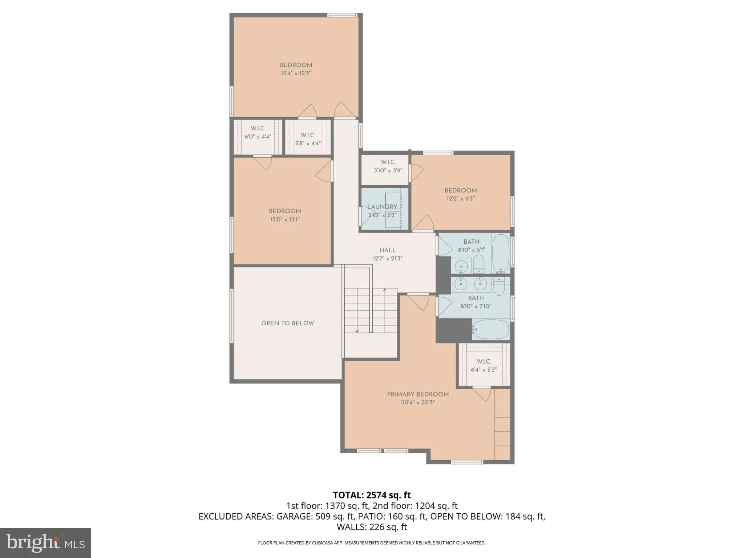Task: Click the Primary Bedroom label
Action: [417, 394]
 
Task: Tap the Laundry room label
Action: [382, 207]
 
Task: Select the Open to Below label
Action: [287, 323]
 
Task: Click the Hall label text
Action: [387, 250]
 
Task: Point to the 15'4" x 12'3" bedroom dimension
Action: [296, 73]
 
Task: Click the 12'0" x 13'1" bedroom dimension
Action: [285, 219]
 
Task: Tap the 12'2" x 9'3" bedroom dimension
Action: [460, 199]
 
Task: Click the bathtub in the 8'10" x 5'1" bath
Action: [501, 254]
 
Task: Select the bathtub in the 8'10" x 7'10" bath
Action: [490, 329]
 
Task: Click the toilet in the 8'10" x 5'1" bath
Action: [479, 264]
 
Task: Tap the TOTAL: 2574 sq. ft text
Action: [372, 495]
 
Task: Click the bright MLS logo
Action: [45, 543]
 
